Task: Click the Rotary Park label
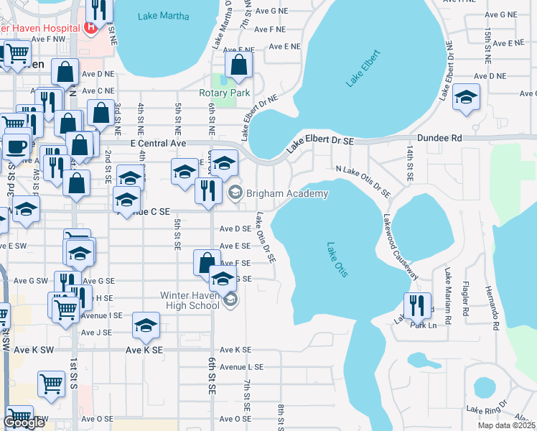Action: point(225,93)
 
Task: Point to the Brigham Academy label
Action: point(287,193)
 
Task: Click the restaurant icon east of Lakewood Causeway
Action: point(417,305)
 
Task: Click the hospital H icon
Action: point(91,28)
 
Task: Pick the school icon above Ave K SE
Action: point(146,325)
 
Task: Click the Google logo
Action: point(24,422)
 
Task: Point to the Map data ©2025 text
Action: point(506,425)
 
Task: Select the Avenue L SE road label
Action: point(242,366)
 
